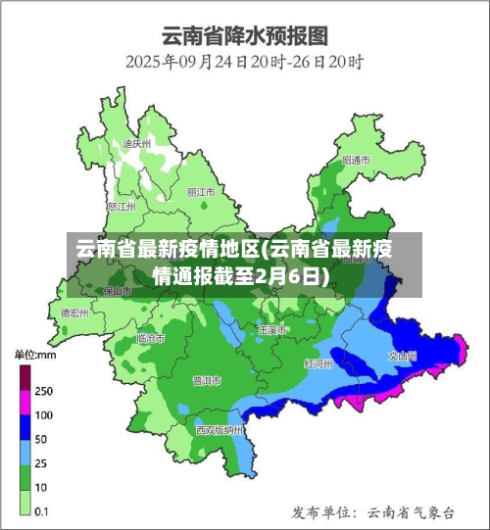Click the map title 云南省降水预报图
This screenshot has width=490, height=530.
244,36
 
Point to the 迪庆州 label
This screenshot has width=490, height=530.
136,144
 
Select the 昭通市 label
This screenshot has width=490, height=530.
356,160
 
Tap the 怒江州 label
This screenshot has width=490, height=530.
122,207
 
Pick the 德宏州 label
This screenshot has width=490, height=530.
73,313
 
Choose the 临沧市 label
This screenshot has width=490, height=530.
150,338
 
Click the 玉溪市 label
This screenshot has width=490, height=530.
271,330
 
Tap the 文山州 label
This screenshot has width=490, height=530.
403,357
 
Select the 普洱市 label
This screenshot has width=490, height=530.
207,380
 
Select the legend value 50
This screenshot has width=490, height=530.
43,438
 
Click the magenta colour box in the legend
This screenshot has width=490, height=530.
24,403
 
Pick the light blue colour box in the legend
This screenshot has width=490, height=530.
24,450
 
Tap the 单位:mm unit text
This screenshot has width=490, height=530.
35,354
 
